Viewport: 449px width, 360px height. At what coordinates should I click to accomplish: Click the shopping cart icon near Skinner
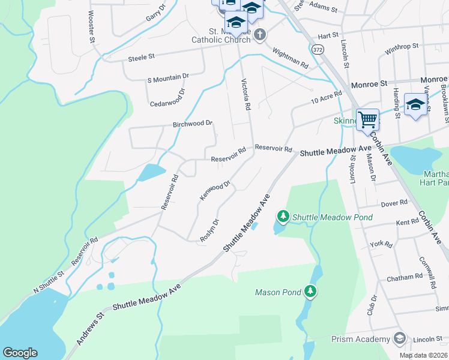coord(367,118)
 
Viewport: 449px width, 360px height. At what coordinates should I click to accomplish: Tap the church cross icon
coord(260,34)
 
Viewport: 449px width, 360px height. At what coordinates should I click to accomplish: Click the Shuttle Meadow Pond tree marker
coord(282,215)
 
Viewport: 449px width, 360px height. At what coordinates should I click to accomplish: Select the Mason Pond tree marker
coord(310,292)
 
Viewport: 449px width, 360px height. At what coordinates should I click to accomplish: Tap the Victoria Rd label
coord(246,94)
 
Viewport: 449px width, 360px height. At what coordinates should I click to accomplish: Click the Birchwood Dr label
coord(193,123)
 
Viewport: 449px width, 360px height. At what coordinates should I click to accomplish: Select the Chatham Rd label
coord(405,277)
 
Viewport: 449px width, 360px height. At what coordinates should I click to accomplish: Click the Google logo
coord(20,353)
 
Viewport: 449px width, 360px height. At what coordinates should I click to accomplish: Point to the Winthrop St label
coord(400,49)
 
